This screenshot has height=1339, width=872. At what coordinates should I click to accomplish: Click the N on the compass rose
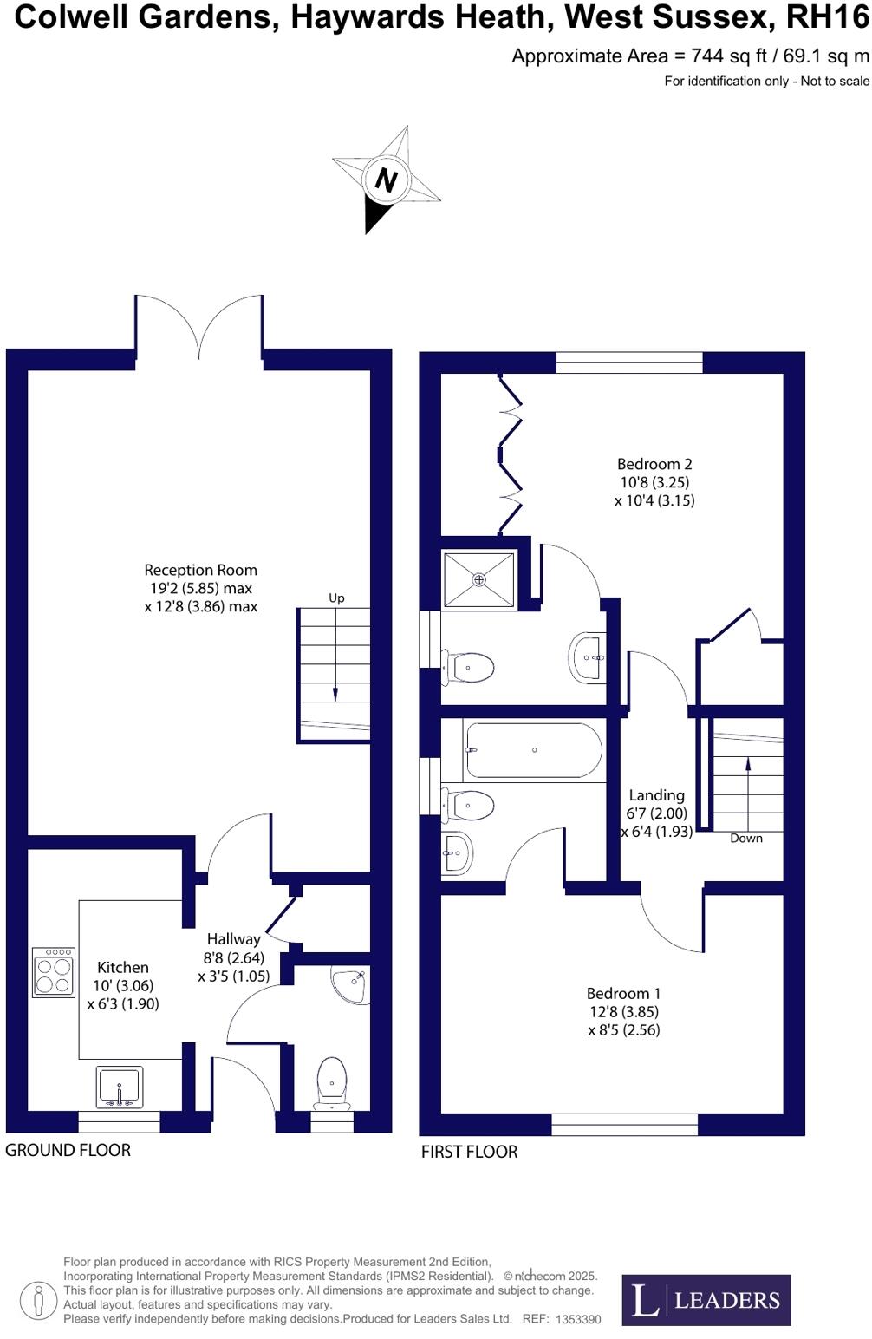click(x=386, y=180)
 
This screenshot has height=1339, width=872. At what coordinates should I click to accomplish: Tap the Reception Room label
click(x=200, y=570)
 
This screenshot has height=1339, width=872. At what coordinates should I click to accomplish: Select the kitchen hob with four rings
click(x=54, y=973)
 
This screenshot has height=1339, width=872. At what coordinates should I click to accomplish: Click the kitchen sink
click(x=120, y=1087)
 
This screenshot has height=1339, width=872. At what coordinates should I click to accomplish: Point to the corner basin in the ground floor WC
click(x=350, y=984)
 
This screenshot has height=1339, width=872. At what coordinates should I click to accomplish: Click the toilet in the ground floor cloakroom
click(x=332, y=1081)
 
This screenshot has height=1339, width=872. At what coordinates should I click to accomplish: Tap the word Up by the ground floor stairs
click(x=336, y=598)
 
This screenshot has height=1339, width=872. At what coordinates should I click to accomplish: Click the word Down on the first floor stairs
click(x=745, y=838)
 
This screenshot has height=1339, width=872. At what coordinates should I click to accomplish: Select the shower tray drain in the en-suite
click(x=479, y=579)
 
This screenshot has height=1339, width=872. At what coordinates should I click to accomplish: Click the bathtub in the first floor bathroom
click(x=533, y=750)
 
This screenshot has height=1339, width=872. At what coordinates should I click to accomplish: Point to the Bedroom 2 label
click(x=654, y=464)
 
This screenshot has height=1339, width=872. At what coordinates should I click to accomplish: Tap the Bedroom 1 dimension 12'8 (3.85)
click(x=623, y=1011)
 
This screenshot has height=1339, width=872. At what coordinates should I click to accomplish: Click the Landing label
click(x=656, y=794)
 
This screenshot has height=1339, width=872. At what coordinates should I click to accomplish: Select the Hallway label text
click(x=233, y=938)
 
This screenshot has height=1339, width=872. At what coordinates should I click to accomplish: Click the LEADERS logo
click(x=706, y=1299)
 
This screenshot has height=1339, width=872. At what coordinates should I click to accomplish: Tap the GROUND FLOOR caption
click(x=68, y=1150)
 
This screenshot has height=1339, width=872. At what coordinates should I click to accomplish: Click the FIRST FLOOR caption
click(x=469, y=1152)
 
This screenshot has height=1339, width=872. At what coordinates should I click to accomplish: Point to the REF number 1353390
click(x=578, y=1319)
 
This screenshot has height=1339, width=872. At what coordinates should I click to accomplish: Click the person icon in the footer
click(x=38, y=1301)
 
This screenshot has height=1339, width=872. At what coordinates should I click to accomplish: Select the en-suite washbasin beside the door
click(x=589, y=657)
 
